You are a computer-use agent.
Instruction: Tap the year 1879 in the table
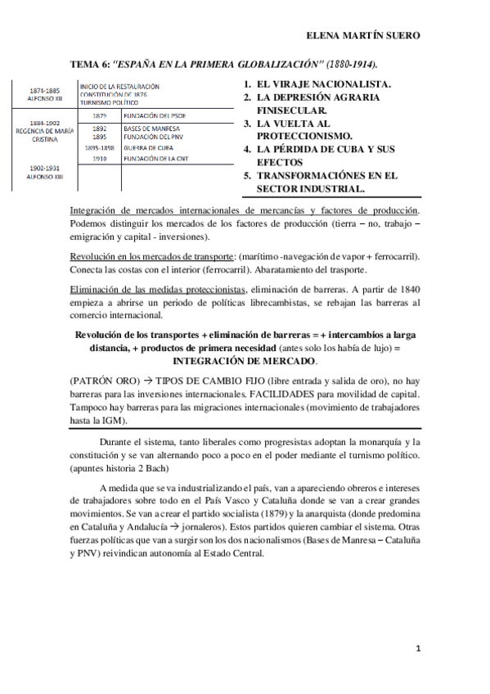click(99, 115)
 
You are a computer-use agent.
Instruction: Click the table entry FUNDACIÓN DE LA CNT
click(157, 158)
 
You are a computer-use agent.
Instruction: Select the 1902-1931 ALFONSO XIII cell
click(41, 171)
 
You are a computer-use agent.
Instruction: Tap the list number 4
click(247, 150)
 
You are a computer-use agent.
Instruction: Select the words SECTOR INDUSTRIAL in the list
click(311, 188)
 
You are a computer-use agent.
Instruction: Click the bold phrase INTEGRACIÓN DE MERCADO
click(245, 337)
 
